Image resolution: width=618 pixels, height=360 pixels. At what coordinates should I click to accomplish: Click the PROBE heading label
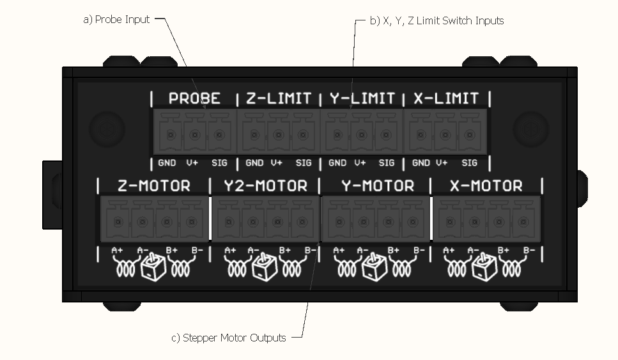(x=194, y=98)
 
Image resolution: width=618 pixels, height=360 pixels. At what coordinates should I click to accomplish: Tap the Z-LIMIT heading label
(x=279, y=98)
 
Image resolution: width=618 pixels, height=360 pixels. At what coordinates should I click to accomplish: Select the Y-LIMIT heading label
(x=362, y=98)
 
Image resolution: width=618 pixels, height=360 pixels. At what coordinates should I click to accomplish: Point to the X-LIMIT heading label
(x=445, y=98)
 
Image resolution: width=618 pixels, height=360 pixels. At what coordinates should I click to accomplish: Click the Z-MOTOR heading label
(x=154, y=186)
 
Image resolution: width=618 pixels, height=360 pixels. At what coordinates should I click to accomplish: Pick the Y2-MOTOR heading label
(x=265, y=186)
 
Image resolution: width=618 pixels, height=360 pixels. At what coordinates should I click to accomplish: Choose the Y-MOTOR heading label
(x=377, y=186)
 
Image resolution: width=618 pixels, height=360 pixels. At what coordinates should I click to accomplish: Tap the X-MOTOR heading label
(x=487, y=186)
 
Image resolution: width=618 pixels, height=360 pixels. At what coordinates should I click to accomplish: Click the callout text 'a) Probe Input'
(x=116, y=19)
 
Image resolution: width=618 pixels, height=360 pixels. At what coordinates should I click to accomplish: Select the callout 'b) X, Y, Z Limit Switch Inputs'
(x=437, y=20)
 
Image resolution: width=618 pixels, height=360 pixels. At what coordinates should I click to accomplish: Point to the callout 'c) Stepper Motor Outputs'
(x=228, y=338)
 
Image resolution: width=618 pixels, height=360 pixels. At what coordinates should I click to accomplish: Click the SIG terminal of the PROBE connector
(x=219, y=135)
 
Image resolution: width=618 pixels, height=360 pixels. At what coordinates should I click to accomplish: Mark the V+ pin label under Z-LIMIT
(x=277, y=163)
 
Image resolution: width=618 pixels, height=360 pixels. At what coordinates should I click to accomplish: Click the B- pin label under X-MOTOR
(x=528, y=250)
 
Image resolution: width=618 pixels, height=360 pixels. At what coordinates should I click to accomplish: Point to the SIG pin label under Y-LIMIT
(x=387, y=163)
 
